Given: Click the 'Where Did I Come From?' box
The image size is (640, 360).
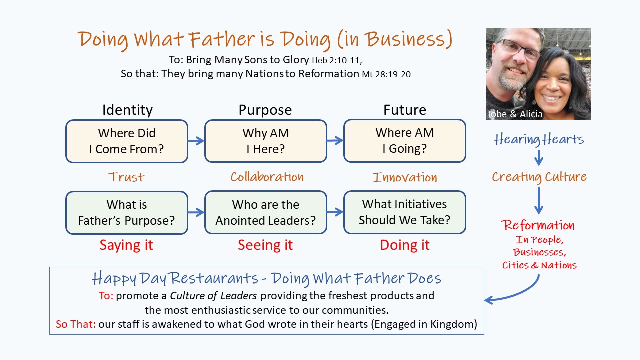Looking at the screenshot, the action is pos(127,141).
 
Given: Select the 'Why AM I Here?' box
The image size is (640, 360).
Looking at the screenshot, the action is pos(265,141).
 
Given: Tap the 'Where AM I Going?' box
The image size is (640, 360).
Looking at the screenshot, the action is pos(405,141).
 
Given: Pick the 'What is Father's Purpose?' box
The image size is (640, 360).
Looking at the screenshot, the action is pos(127,213).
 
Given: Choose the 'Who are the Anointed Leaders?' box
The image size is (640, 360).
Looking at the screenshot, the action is pos(265,212).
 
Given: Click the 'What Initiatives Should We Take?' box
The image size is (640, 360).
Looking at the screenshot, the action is pos(405,212).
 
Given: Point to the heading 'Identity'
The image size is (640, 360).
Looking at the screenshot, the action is pos(127,110).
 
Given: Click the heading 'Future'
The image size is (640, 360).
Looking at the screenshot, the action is pos(405,110).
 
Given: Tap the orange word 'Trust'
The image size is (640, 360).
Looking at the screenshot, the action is pos(126,177).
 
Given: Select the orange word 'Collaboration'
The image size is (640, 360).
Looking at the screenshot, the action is pos(267,177).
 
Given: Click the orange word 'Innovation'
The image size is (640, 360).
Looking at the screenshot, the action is pos(405,177).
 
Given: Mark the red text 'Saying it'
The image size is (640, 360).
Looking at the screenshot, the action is pos(126,245).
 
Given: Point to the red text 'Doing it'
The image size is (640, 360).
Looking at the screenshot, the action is pos(405,245).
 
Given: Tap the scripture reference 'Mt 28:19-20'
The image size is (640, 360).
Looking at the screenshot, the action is pos(386,74).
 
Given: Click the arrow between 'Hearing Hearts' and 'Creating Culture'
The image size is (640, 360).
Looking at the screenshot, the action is pos(539,158).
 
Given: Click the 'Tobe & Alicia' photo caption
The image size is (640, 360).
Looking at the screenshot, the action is pos(514,114).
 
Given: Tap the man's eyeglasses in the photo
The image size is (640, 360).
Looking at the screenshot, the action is pos(517,49).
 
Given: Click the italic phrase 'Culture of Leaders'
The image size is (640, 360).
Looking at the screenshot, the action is pos(213,296).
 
